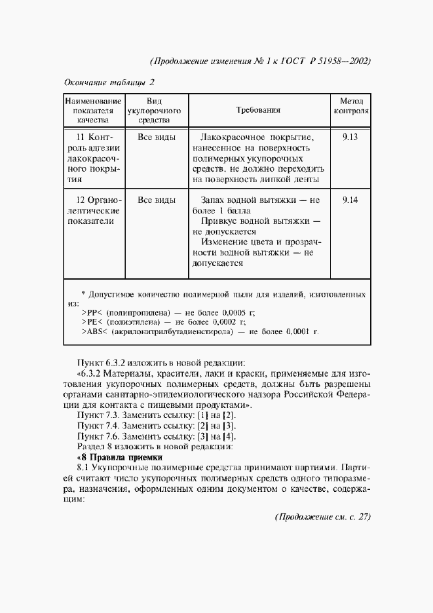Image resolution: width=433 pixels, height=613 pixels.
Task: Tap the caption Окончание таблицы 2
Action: [109, 83]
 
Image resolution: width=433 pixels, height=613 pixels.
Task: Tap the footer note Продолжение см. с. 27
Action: [322, 517]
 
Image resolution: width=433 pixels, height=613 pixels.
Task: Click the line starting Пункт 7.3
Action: [157, 417]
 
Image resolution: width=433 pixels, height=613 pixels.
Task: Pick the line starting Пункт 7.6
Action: [157, 436]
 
